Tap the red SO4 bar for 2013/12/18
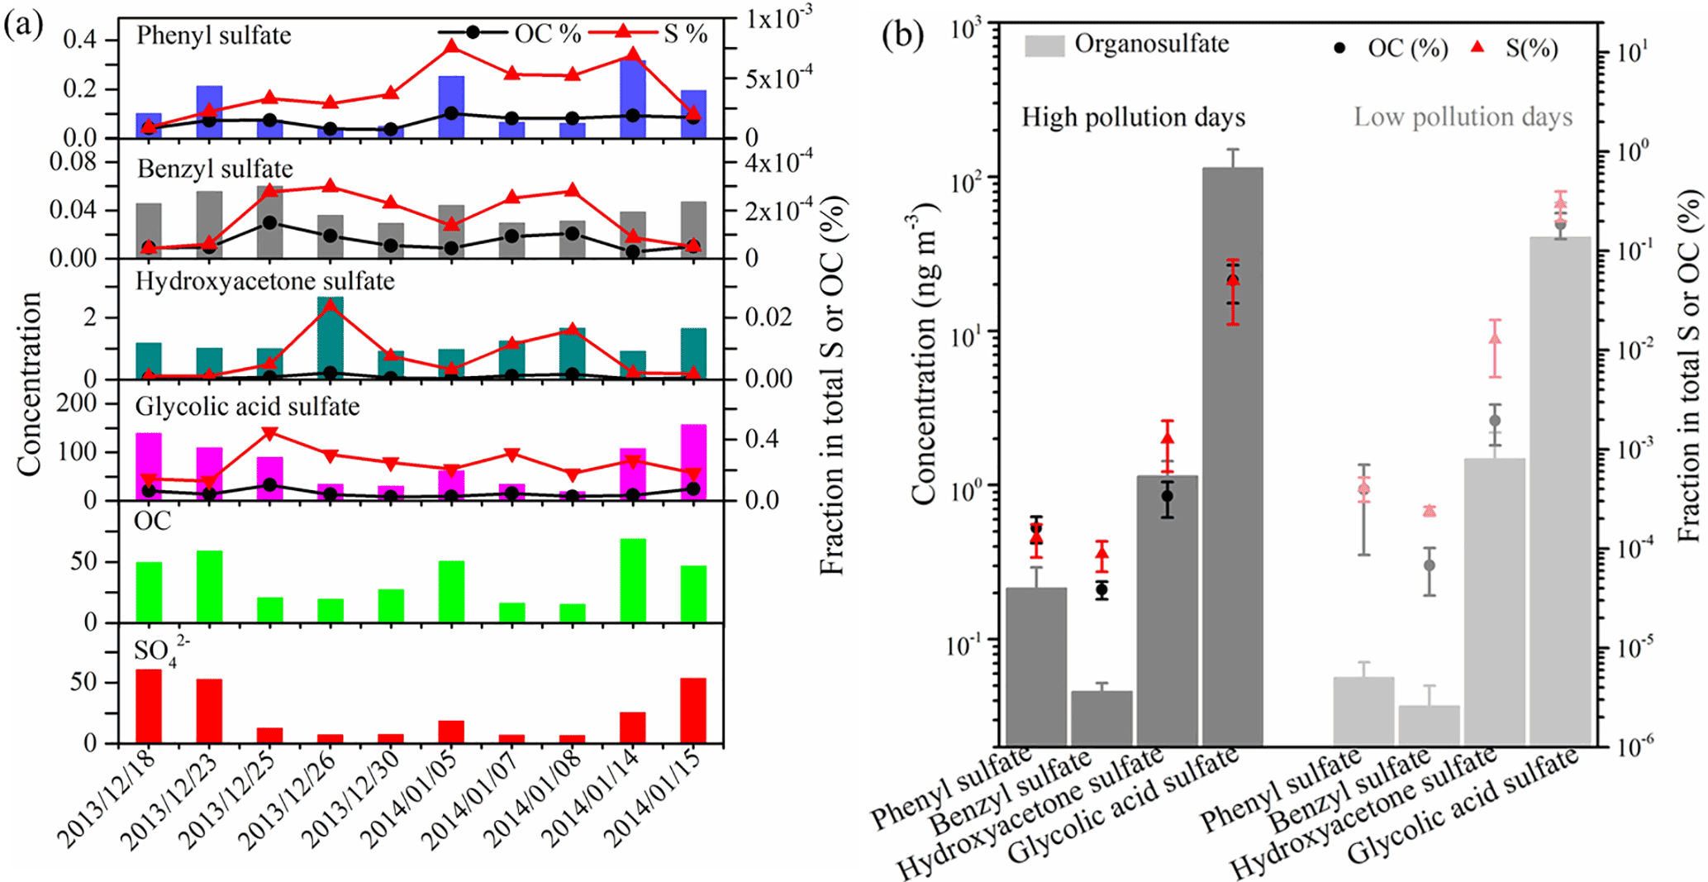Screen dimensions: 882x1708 point(149,706)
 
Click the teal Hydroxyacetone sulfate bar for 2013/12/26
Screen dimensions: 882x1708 point(331,338)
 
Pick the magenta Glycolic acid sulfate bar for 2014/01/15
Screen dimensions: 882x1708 point(693,462)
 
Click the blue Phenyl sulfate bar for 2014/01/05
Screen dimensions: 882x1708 point(451,107)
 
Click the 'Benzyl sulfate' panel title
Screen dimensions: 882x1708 point(215,169)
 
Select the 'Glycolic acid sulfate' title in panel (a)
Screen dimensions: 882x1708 point(247,407)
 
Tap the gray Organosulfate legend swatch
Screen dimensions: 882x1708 point(1044,45)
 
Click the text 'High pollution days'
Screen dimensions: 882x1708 point(1133,117)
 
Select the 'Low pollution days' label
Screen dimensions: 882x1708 point(1463,117)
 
